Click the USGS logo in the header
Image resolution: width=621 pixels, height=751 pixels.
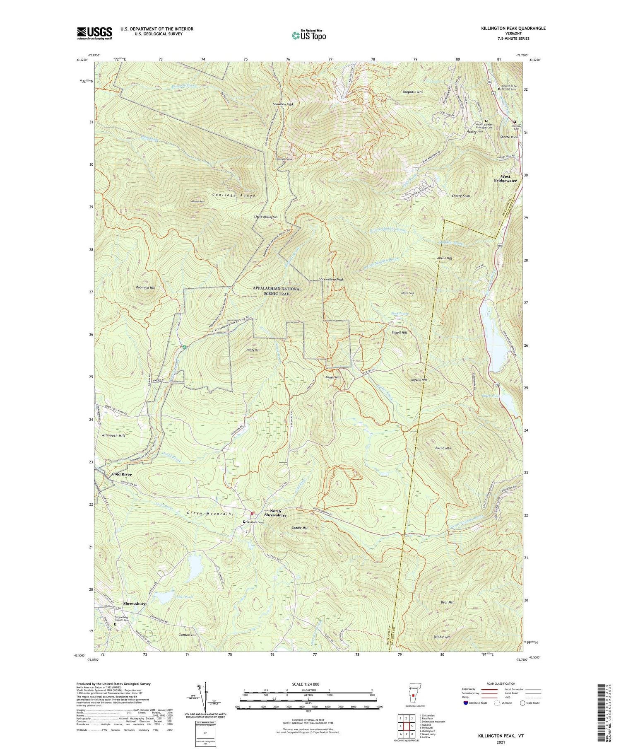[x=94, y=33]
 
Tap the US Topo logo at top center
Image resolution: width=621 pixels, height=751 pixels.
[x=308, y=36]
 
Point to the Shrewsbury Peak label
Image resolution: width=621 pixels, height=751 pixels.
[x=331, y=280]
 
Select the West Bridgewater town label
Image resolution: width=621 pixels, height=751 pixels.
[x=505, y=179]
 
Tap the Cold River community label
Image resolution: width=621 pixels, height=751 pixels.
[x=122, y=474]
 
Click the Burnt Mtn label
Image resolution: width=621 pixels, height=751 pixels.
[x=443, y=448]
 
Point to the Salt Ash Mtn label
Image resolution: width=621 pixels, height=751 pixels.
[x=442, y=637]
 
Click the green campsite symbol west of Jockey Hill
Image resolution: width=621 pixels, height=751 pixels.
[x=183, y=347]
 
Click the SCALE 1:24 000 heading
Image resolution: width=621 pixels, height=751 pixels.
[x=308, y=684]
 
